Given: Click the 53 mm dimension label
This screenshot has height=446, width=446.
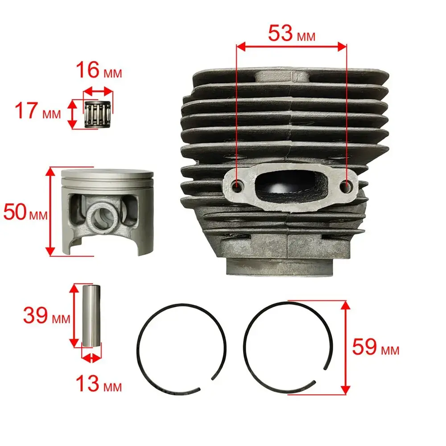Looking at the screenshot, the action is pyautogui.click(x=292, y=33).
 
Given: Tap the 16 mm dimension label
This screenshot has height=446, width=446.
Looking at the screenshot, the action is pyautogui.click(x=99, y=70).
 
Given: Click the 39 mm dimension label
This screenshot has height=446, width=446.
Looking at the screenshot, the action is pyautogui.click(x=47, y=315).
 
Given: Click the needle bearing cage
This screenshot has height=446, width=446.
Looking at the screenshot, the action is pyautogui.click(x=98, y=113).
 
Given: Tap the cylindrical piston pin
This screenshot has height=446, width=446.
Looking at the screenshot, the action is pyautogui.click(x=91, y=315).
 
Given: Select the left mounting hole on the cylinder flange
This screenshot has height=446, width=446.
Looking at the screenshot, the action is pyautogui.click(x=237, y=186).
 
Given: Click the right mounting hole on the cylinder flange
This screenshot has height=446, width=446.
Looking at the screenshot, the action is pyautogui.click(x=346, y=186).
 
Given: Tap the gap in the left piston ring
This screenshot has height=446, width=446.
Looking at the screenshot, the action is pyautogui.click(x=206, y=384).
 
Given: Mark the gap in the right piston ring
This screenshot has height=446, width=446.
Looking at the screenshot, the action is pyautogui.click(x=320, y=376).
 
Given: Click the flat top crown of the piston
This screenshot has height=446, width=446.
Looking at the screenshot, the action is pyautogui.click(x=107, y=173).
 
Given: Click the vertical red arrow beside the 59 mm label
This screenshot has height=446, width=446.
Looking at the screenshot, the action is pyautogui.click(x=345, y=347).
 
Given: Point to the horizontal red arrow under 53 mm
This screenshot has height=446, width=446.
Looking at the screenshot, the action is pyautogui.click(x=292, y=47).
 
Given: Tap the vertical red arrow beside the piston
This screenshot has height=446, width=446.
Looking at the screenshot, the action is pyautogui.click(x=50, y=211).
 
